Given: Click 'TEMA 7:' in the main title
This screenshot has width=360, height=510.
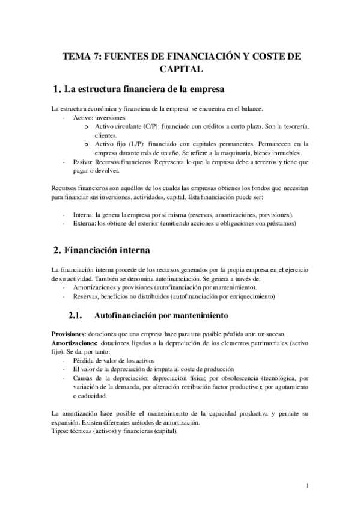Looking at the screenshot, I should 81,56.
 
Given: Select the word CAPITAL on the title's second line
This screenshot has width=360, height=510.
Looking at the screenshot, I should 180,69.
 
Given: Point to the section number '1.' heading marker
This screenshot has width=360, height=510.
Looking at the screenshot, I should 57,90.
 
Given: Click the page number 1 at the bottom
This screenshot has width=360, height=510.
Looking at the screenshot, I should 307,485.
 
